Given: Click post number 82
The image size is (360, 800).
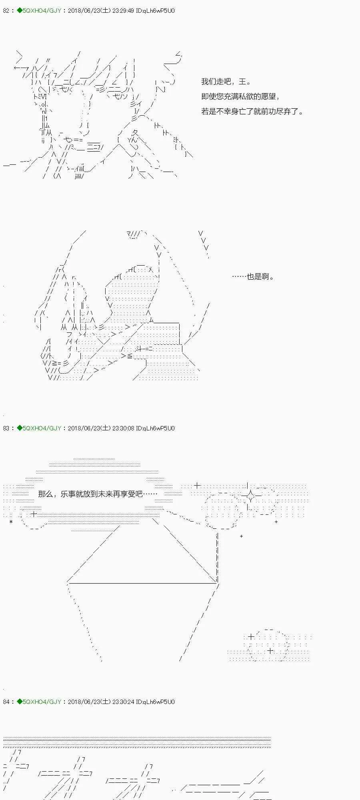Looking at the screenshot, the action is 6,11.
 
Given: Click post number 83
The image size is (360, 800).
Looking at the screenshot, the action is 6,428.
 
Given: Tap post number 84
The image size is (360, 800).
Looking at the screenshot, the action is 6,702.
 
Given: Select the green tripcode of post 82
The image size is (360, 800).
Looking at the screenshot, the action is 39,11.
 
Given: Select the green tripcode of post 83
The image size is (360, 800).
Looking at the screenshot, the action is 39,428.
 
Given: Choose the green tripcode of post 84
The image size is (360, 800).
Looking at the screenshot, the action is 39,702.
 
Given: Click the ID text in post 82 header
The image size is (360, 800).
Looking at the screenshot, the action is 155,11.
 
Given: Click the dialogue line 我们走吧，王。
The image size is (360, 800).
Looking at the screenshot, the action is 226,82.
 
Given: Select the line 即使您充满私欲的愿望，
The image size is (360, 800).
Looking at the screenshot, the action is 240,96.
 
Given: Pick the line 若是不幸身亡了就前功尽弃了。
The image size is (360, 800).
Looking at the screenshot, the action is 252,112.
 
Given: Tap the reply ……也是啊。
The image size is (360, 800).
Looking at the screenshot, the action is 253,276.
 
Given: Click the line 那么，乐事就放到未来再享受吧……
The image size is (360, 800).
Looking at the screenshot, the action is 98,494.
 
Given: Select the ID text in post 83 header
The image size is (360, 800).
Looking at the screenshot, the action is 155,428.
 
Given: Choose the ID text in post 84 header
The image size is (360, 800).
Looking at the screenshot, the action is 155,702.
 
